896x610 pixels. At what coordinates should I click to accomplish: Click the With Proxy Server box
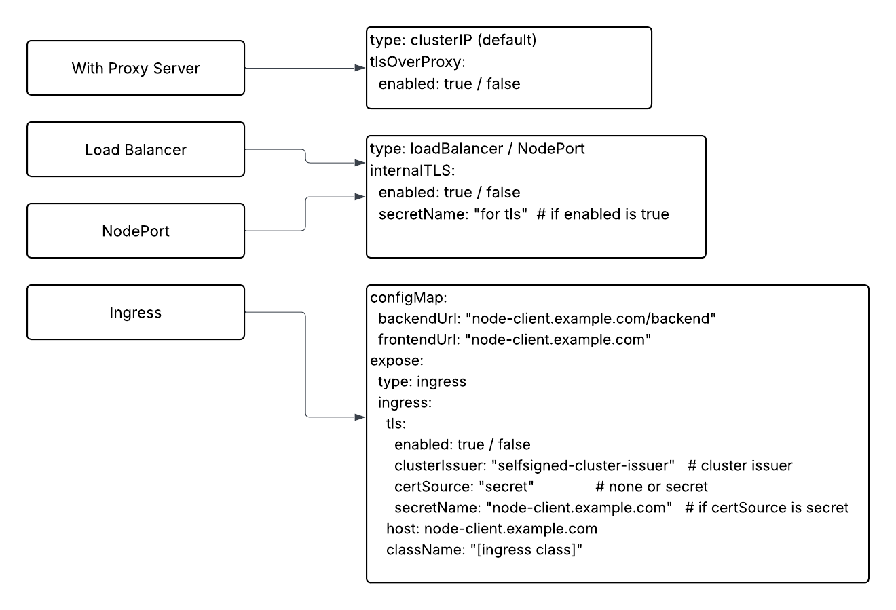click(135, 68)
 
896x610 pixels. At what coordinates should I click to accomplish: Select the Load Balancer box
click(135, 149)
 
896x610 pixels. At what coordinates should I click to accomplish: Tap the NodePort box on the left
click(135, 231)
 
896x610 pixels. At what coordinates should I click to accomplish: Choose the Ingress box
click(135, 312)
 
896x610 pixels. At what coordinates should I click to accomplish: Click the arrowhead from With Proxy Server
click(360, 68)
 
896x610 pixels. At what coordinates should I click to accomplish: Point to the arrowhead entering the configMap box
click(360, 416)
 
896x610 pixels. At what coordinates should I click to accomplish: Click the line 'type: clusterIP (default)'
click(453, 41)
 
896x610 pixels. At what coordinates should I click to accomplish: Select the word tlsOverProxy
click(415, 62)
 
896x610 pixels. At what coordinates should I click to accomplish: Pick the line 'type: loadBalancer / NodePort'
click(477, 149)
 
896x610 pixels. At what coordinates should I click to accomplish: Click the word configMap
click(407, 297)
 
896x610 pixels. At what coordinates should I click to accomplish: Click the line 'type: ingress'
click(422, 381)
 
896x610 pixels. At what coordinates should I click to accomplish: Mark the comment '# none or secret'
click(651, 487)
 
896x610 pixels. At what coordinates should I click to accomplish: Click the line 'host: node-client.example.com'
click(491, 529)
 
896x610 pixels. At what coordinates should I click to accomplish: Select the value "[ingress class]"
click(527, 550)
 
